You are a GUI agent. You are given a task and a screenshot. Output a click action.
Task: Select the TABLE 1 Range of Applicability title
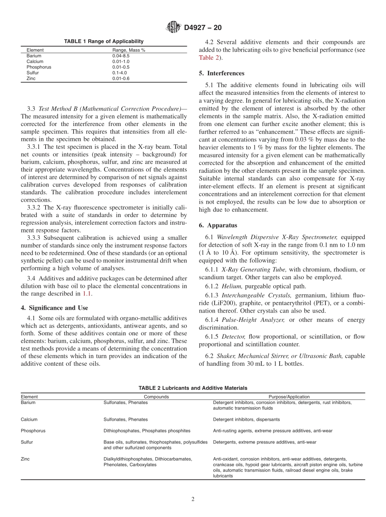pyautogui.click(x=104, y=41)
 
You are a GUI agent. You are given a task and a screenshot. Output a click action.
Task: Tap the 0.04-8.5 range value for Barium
pyautogui.click(x=121, y=56)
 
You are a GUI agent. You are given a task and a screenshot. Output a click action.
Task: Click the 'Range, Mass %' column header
pyautogui.click(x=129, y=50)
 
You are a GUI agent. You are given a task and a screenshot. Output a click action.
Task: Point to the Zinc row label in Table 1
pyautogui.click(x=31, y=78)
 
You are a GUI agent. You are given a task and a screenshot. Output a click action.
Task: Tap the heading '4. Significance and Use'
pyautogui.click(x=54, y=308)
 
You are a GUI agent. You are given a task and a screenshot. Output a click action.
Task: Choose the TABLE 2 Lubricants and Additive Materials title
pyautogui.click(x=193, y=388)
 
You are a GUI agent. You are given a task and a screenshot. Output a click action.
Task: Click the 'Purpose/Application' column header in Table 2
pyautogui.click(x=289, y=397)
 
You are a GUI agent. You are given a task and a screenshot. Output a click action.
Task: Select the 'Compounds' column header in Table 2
pyautogui.click(x=156, y=397)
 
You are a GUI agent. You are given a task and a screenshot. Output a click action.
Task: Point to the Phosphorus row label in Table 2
pyautogui.click(x=33, y=430)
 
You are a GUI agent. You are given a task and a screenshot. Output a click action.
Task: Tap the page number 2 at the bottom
pyautogui.click(x=193, y=500)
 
